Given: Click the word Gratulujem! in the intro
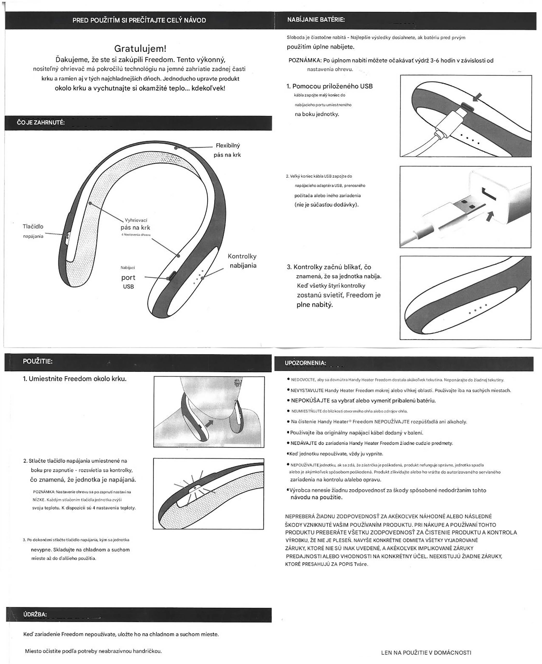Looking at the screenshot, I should click(140, 48).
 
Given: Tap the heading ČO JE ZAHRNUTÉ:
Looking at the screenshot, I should click(41, 123).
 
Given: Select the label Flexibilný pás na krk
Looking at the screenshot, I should click(227, 150).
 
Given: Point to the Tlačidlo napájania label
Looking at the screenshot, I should click(33, 231).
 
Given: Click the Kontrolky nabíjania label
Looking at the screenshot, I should click(242, 261).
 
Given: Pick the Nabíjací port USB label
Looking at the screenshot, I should click(128, 277).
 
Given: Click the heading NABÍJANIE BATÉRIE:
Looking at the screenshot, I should click(316, 20).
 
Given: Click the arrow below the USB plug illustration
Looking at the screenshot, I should click(490, 215).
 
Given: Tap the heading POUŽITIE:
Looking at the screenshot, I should click(37, 362).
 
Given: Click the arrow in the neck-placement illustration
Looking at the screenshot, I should click(209, 423).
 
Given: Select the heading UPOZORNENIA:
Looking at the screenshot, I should click(305, 363).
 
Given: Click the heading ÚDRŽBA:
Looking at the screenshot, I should click(35, 614).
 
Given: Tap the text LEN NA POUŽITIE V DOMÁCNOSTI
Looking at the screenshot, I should click(426, 652).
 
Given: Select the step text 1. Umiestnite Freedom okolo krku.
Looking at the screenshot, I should click(75, 379).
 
